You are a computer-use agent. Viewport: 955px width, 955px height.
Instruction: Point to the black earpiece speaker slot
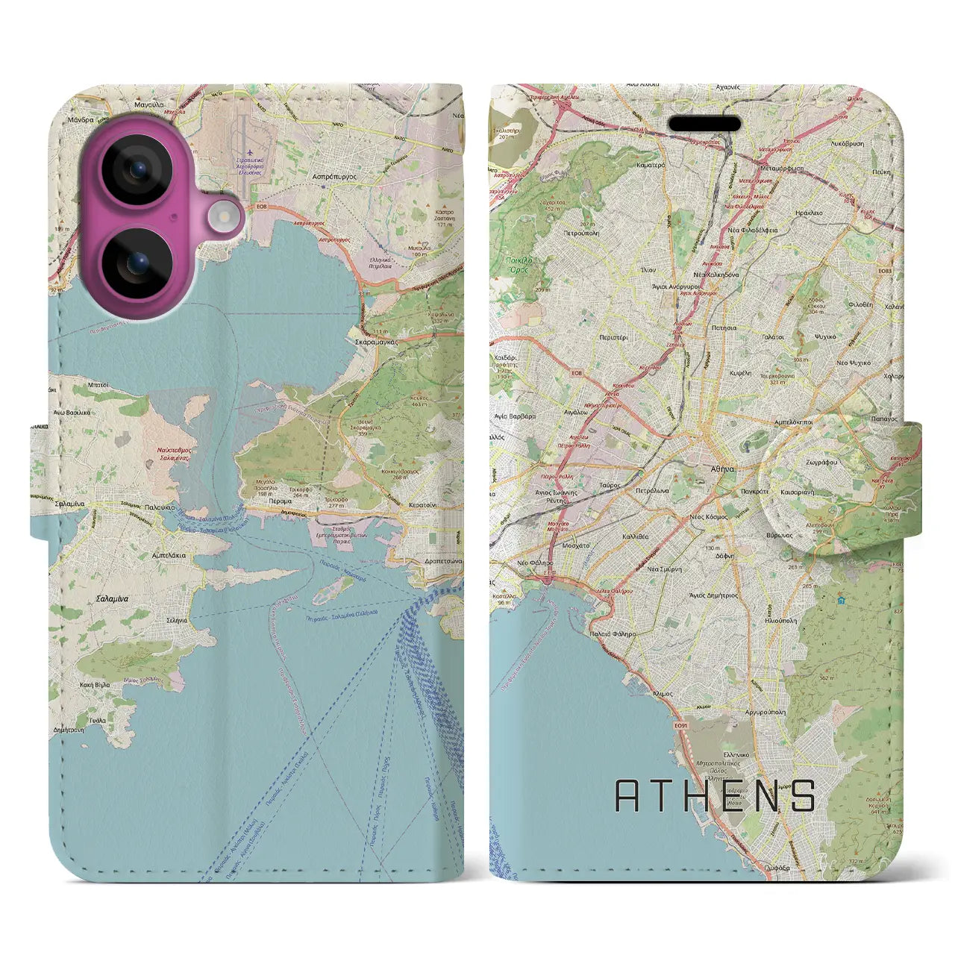(x=704, y=123)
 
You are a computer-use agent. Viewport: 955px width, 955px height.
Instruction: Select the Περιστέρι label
(x=613, y=338)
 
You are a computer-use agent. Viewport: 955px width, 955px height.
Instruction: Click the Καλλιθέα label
(x=635, y=536)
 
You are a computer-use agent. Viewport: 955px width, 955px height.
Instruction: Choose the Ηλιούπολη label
(x=780, y=620)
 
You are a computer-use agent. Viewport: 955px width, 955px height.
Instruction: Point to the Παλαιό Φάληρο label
(x=614, y=633)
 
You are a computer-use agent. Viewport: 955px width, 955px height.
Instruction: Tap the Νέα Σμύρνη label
(x=663, y=569)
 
